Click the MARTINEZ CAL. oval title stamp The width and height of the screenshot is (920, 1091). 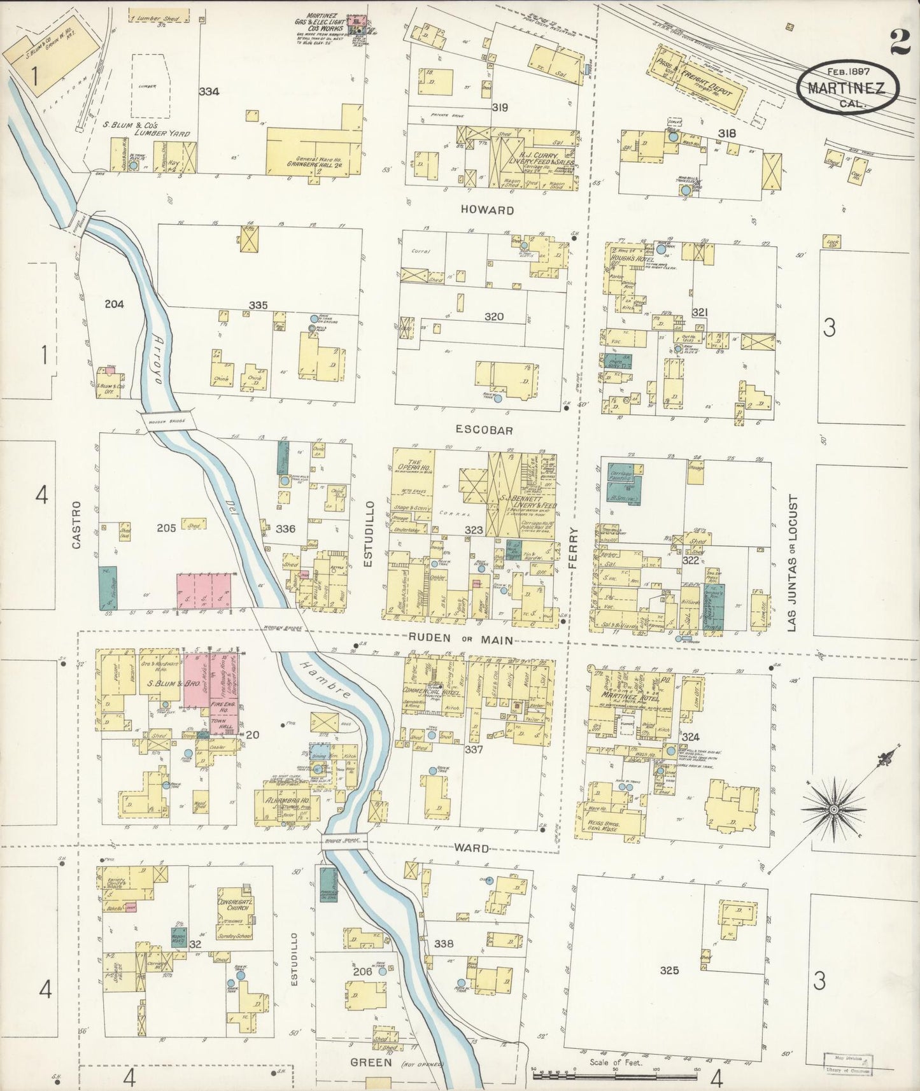coord(847,88)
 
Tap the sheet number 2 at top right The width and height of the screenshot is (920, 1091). coord(899,43)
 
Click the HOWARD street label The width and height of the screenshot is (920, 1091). coord(487,210)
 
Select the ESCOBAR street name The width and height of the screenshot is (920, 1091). coord(488,430)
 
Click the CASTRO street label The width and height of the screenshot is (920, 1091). coord(76,525)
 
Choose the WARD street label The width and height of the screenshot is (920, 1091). coord(472,848)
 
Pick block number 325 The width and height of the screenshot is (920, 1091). coord(669,971)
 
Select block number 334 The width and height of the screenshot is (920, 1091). coord(209,92)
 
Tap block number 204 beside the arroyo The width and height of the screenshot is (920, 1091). coord(115,304)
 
